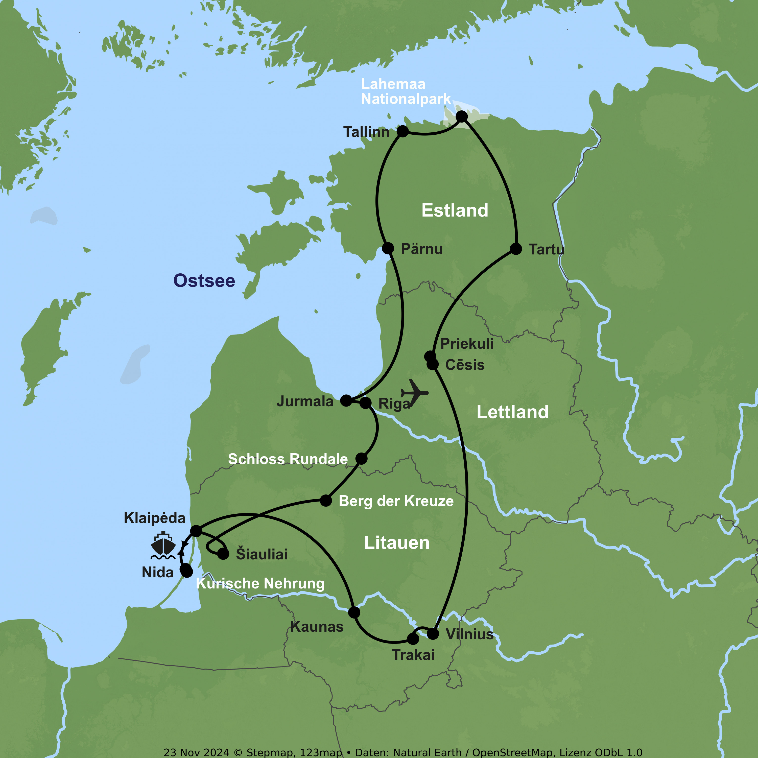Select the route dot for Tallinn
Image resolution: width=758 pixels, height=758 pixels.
coord(402,131)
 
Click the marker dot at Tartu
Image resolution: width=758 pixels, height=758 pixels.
coord(516,249)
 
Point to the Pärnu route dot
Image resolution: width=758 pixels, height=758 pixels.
coord(388,248)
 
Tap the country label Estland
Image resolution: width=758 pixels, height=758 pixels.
coord(455,210)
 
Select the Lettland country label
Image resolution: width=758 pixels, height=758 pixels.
coord(512,412)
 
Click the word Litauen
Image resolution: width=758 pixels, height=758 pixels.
coord(397,543)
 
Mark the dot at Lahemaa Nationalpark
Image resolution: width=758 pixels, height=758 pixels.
coord(462,116)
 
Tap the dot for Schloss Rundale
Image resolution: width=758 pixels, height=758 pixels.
coord(361,458)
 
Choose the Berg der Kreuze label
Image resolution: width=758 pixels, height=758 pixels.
coord(396,501)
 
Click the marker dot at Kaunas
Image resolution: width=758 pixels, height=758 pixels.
coord(354,612)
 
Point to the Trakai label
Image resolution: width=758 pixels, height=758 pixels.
coord(413,655)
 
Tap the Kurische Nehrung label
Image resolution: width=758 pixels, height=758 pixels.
coord(260,583)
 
